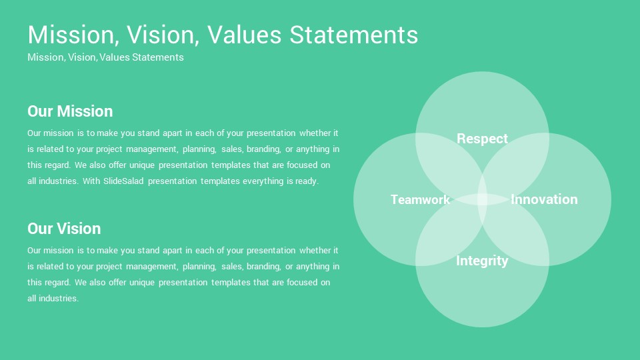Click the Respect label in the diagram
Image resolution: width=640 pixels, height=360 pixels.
(x=482, y=139)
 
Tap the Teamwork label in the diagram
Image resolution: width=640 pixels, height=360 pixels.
(x=420, y=199)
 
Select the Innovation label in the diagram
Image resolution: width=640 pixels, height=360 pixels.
(x=544, y=199)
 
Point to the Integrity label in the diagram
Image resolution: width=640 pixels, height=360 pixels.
(x=482, y=261)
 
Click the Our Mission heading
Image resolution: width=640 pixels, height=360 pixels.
(x=70, y=111)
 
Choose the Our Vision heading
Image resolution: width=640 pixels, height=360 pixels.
(x=64, y=229)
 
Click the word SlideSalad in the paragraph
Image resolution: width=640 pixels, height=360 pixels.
(x=123, y=181)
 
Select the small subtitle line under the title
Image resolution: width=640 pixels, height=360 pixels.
(x=105, y=57)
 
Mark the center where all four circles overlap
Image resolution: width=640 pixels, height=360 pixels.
(x=482, y=199)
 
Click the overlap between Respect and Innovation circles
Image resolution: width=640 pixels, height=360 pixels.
(x=515, y=167)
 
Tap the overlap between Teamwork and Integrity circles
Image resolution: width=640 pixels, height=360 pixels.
(x=449, y=232)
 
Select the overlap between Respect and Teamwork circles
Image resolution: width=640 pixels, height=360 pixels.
(x=449, y=167)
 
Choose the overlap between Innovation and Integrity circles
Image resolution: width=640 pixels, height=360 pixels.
(x=515, y=232)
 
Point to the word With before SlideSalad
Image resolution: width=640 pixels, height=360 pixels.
(x=91, y=181)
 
